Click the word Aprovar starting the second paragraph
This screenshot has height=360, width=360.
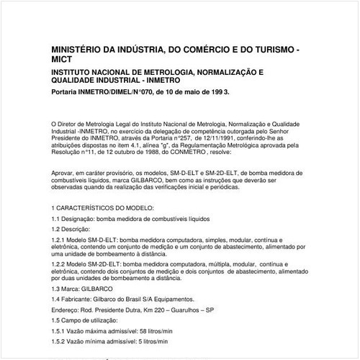point(65,173)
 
